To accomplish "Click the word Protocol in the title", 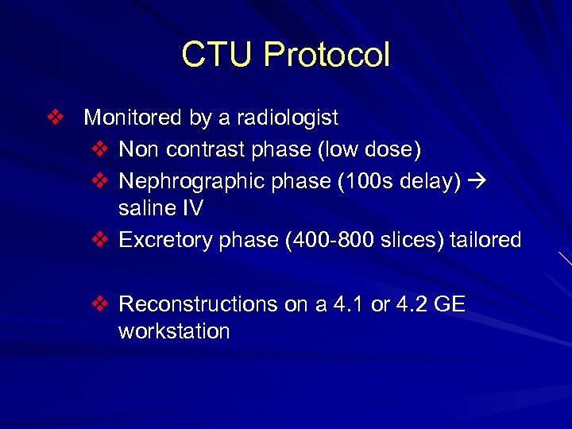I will click(x=327, y=55).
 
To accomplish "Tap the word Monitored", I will click(x=133, y=118).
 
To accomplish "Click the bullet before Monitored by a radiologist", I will click(x=54, y=118).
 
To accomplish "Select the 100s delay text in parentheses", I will click(x=399, y=181).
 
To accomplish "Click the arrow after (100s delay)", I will click(x=476, y=181).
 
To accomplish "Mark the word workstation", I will click(x=174, y=331).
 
